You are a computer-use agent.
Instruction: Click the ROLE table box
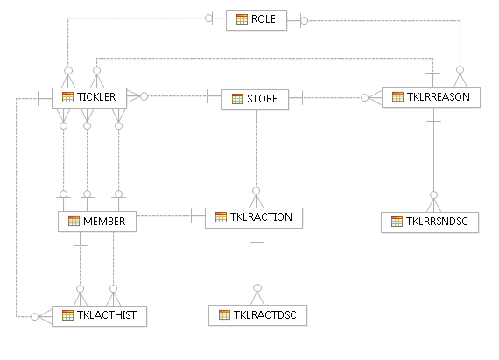tap(256, 19)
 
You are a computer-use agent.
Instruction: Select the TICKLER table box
tap(90, 97)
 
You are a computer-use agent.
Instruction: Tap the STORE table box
tap(255, 99)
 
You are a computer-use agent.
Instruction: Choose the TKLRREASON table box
tap(432, 96)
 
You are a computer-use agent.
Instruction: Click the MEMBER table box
tap(97, 222)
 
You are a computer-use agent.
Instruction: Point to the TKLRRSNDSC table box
tap(431, 222)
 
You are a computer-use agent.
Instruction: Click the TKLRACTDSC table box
tap(258, 314)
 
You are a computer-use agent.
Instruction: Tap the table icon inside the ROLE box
tap(242, 19)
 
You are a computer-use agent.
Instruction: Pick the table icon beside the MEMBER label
tap(74, 222)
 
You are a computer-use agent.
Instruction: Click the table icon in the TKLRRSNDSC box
tap(397, 222)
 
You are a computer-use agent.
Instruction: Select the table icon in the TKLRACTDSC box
tap(224, 314)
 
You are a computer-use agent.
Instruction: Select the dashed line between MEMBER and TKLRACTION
tap(166, 215)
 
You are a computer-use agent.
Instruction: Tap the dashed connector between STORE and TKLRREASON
tap(333, 97)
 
